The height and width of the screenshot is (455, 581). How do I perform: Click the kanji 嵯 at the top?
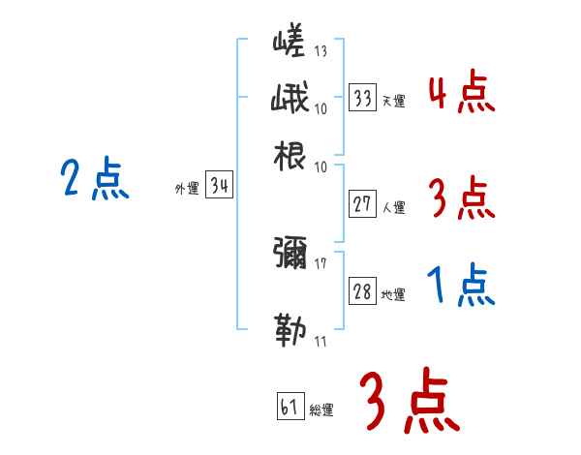289,45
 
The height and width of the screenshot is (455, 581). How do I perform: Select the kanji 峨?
289,99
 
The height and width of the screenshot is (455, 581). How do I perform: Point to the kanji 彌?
290,255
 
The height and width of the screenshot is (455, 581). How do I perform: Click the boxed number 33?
363,99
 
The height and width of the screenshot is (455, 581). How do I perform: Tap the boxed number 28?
363,292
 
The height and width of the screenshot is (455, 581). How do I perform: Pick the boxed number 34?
219,188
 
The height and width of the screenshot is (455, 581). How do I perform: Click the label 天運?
393,101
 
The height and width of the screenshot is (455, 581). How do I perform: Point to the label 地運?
393,294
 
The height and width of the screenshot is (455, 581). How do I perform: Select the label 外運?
187,190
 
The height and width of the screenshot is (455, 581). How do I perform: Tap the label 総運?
321,410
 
